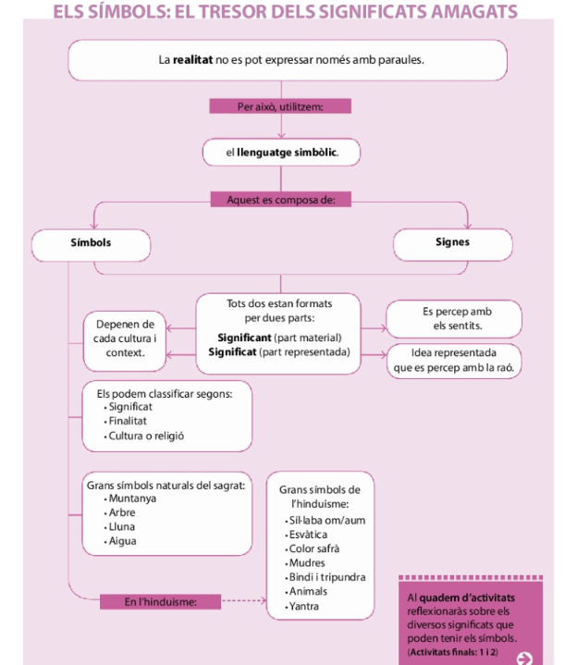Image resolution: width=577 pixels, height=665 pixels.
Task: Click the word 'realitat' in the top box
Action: pos(192,60)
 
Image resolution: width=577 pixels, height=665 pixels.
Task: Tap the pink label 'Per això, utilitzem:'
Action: pos(279,107)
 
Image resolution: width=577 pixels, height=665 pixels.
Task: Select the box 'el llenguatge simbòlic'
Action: pos(280,152)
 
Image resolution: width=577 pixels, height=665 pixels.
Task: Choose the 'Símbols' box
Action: pos(91,243)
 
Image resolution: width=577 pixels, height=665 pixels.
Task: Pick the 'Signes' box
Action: pos(452,243)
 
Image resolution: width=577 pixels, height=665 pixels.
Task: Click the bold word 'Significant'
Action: pos(244,338)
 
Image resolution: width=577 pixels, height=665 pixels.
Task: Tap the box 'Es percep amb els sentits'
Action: pos(451,319)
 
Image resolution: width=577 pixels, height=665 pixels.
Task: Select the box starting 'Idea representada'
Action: pos(453,360)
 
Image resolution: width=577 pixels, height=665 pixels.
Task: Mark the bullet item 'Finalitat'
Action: pos(131,421)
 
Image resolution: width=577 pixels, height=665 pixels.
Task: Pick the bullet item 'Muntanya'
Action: pos(132,499)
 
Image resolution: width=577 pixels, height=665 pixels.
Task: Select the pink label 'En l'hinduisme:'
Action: pos(161,602)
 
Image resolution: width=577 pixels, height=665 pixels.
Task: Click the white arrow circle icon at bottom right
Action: pos(525,658)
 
